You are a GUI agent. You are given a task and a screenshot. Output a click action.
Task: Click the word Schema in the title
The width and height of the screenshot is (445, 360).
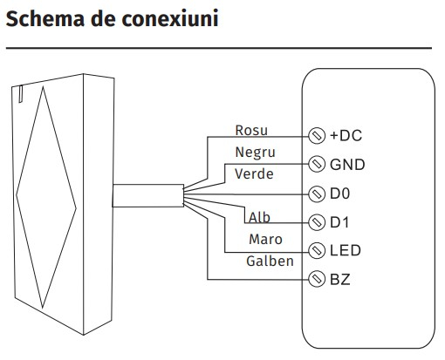pos(45,18)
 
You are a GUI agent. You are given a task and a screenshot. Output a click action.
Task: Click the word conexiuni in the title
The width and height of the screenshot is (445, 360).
pos(170,18)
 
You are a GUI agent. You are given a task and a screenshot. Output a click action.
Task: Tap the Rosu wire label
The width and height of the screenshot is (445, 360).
pos(251,130)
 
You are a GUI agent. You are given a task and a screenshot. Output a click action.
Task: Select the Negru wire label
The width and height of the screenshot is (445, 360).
pos(255,153)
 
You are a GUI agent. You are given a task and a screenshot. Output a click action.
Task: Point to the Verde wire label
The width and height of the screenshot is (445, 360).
pos(254,173)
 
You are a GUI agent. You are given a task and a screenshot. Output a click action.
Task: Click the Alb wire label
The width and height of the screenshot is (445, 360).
pos(259,217)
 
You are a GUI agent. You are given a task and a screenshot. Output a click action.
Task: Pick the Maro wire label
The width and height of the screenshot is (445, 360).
pos(265,239)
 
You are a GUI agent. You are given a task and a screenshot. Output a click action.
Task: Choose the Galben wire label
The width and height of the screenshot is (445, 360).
pos(270,261)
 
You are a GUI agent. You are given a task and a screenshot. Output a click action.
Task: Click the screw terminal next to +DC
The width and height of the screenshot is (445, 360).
pos(317,136)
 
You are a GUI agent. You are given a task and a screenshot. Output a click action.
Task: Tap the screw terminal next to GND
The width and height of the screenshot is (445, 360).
pos(317,164)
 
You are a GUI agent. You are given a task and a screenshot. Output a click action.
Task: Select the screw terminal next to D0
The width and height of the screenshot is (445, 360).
pos(317,194)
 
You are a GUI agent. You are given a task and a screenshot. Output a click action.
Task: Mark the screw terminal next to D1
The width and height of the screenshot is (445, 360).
pos(317,222)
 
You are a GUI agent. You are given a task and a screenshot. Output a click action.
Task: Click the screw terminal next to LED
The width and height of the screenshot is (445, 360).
pos(317,250)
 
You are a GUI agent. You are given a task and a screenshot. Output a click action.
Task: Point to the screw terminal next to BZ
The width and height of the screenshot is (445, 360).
pos(317,279)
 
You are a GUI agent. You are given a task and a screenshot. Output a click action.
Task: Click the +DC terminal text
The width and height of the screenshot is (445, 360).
pos(346,135)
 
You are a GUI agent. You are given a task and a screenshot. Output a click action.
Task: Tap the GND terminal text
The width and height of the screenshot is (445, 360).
pos(347,165)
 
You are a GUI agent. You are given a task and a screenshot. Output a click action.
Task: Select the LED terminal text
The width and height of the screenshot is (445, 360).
pos(346,250)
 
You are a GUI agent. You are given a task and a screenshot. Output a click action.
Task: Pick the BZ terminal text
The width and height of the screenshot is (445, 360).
pos(340,280)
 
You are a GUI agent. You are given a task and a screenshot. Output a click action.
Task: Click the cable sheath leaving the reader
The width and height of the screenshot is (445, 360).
pos(148,195)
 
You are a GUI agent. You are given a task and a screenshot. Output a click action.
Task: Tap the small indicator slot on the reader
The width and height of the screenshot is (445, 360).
pos(21,93)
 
